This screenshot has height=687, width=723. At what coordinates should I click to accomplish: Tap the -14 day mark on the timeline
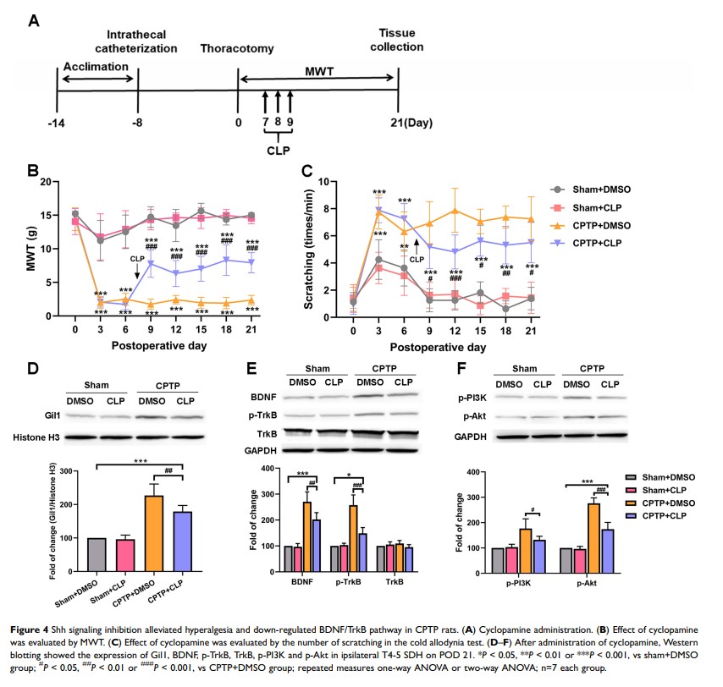57,123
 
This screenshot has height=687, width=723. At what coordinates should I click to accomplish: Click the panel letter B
33,173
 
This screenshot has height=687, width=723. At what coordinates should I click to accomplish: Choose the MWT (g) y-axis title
32,247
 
